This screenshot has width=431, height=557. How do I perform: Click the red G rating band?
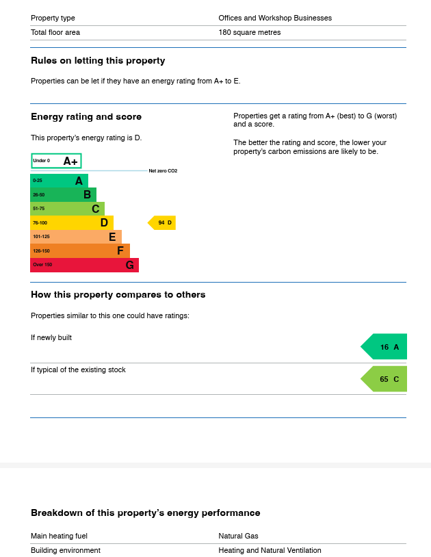tap(84, 265)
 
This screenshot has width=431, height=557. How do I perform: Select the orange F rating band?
tap(80, 250)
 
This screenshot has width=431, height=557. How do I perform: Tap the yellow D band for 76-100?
tap(72, 222)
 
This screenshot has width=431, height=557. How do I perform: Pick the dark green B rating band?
tap(63, 194)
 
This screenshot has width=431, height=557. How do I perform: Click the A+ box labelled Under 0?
tap(56, 161)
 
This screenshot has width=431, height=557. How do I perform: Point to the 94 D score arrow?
tap(163, 222)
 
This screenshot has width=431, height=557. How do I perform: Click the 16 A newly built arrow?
tap(385, 347)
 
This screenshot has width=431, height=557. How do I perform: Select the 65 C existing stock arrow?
tap(385, 379)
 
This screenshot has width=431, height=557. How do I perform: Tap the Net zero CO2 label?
tap(163, 171)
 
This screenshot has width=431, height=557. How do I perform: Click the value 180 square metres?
tap(249, 32)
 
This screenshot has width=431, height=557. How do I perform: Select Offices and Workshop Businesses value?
tap(275, 18)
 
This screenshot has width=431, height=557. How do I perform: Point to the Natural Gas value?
tap(238, 536)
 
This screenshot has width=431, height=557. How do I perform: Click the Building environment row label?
tap(66, 550)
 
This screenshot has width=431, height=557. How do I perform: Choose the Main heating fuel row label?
tap(59, 536)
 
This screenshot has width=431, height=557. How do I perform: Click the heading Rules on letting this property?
tap(98, 61)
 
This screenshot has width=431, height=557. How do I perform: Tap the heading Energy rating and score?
tap(86, 117)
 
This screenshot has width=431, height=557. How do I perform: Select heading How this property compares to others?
tap(118, 295)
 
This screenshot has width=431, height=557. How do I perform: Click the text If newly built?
tap(51, 337)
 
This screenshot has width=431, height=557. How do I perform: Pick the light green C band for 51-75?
tap(67, 209)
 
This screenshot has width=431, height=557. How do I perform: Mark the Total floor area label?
tap(55, 32)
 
